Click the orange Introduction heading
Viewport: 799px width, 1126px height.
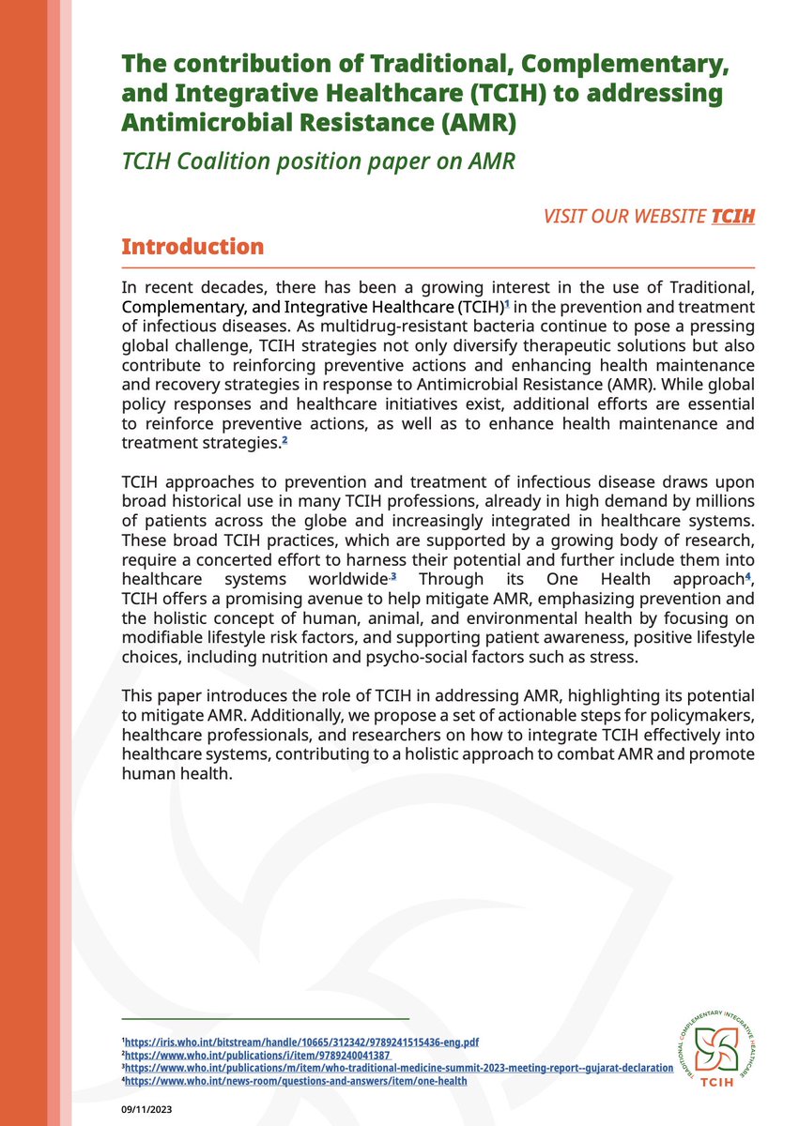point(192,248)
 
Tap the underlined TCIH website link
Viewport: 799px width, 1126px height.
point(732,217)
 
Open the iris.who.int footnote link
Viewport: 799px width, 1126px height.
point(305,1042)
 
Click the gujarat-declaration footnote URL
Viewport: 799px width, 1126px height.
point(399,1068)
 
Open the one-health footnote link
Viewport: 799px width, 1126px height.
point(296,1081)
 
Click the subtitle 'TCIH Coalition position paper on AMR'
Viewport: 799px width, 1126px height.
point(317,161)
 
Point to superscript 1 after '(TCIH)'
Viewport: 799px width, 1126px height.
point(506,304)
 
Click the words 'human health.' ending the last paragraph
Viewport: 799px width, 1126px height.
point(176,775)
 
